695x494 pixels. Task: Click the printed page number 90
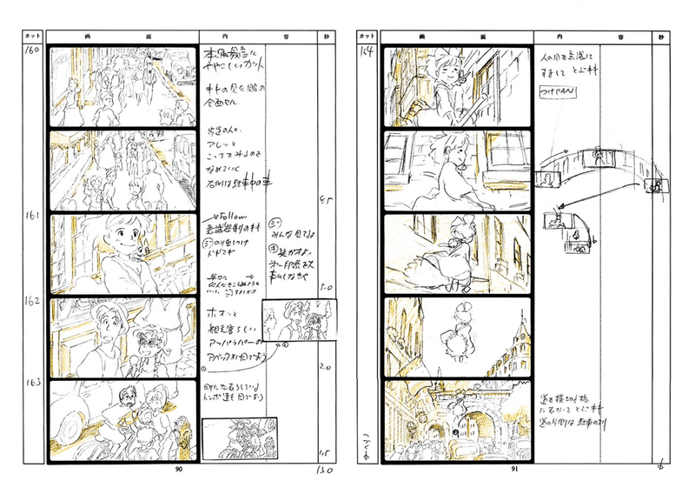click(x=179, y=469)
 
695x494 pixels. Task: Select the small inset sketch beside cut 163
click(x=231, y=437)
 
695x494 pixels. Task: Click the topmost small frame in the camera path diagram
click(x=599, y=159)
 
